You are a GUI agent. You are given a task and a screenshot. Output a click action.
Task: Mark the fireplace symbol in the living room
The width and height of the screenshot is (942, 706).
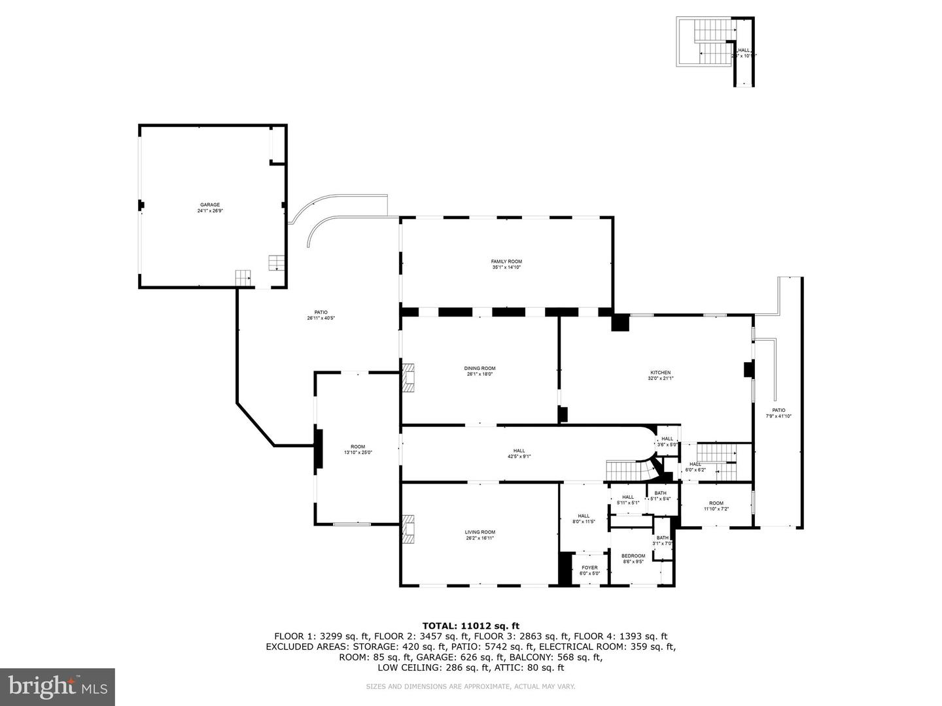(x=409, y=529)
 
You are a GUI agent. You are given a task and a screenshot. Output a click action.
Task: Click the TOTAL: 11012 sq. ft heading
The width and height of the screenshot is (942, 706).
(x=470, y=626)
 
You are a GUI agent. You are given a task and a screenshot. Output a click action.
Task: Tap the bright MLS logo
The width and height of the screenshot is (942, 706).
(x=58, y=686)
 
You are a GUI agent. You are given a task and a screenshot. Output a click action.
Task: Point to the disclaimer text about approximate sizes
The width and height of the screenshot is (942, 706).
(x=470, y=686)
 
